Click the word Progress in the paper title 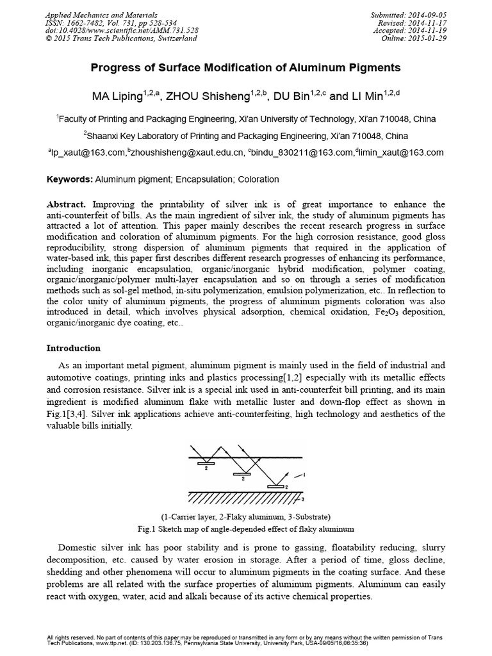click(x=115, y=67)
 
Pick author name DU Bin click(x=291, y=97)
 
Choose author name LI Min click(x=365, y=97)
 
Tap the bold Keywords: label click(x=70, y=180)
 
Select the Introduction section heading click(x=74, y=348)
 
